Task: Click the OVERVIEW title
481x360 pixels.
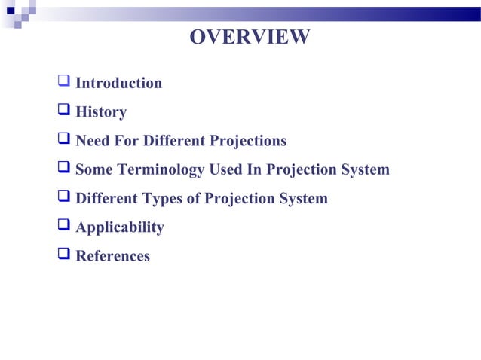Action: [x=249, y=37]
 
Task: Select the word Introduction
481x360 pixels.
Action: [x=119, y=84]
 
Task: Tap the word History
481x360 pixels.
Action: [x=101, y=112]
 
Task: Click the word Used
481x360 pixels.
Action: [x=225, y=169]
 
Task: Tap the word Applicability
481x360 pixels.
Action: [x=120, y=227]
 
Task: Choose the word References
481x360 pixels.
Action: [x=113, y=256]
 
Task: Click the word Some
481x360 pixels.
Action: [x=94, y=169]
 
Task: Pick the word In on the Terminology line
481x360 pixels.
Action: [x=253, y=169]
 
